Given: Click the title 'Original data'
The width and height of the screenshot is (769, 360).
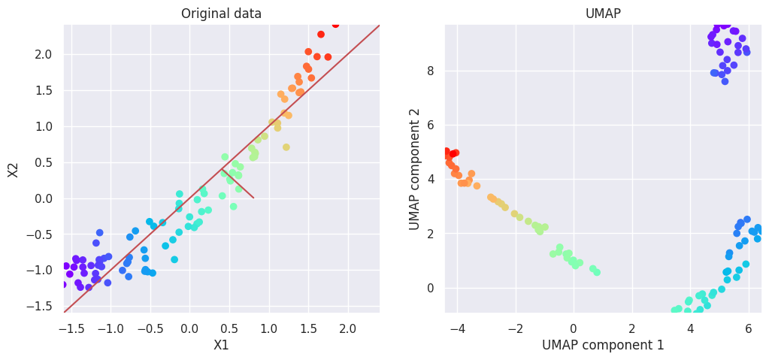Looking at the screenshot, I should pyautogui.click(x=221, y=14).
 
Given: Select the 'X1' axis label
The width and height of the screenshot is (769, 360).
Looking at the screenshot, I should pyautogui.click(x=221, y=345).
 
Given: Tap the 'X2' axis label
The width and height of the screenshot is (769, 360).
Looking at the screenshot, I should pyautogui.click(x=14, y=169).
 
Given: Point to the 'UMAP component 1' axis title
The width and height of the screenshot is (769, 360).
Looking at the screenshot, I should pyautogui.click(x=603, y=345).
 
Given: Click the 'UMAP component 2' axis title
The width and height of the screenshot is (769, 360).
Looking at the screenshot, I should pyautogui.click(x=415, y=169).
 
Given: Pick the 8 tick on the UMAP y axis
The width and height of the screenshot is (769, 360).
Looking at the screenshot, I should pyautogui.click(x=431, y=71).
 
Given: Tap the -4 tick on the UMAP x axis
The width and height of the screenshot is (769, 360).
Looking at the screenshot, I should pyautogui.click(x=456, y=328).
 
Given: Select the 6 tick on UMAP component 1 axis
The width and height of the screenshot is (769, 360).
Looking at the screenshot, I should pyautogui.click(x=749, y=328).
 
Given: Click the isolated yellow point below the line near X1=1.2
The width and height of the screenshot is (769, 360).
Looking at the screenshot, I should pyautogui.click(x=286, y=147).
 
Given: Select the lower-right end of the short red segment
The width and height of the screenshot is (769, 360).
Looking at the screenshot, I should pyautogui.click(x=253, y=198).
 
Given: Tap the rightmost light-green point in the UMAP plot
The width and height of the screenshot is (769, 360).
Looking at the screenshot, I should pyautogui.click(x=597, y=272).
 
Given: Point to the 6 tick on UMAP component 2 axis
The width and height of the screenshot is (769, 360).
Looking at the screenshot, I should pyautogui.click(x=431, y=125).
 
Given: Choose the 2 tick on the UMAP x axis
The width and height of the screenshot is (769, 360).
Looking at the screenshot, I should pyautogui.click(x=632, y=328).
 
